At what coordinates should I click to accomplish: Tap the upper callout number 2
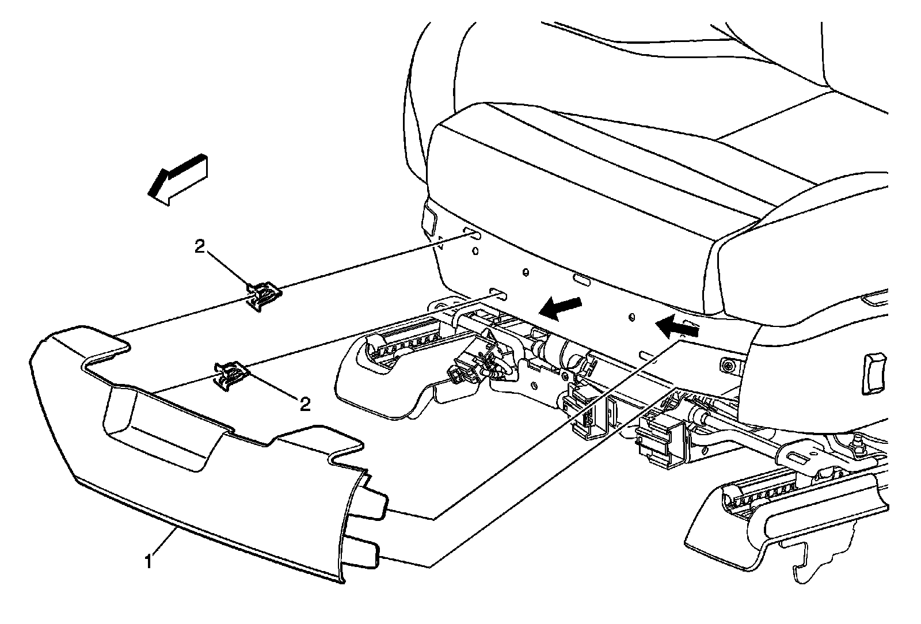(199, 248)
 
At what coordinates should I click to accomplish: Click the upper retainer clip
(265, 296)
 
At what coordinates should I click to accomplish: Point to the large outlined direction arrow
(177, 179)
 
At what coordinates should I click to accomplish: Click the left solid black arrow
(560, 309)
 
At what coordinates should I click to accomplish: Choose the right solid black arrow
(678, 328)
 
